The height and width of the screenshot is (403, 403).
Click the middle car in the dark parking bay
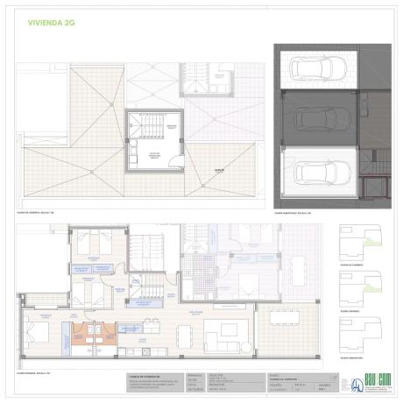pyautogui.click(x=318, y=118)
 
